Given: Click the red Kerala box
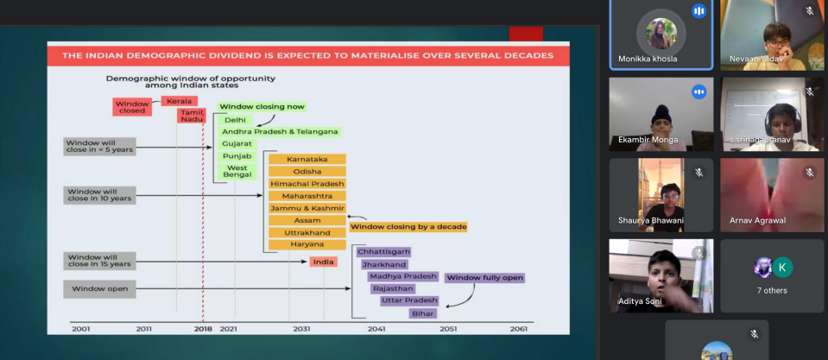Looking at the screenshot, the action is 180,101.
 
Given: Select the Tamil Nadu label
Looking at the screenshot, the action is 191,116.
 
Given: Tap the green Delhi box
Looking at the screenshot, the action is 235,120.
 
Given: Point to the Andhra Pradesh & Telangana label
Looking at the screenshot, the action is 280,131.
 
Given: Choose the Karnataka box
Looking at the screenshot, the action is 307,159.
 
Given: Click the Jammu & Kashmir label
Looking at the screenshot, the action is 307,208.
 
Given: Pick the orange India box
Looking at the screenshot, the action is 323,262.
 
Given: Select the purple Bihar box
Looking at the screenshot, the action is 423,313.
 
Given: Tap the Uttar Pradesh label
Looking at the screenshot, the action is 410,301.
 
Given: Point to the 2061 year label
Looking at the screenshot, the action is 519,329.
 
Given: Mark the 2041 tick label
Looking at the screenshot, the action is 376,329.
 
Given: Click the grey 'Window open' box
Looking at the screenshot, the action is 100,288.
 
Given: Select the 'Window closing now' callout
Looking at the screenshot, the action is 262,107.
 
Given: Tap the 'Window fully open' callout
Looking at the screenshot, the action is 484,278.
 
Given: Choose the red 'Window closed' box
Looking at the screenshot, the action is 132,107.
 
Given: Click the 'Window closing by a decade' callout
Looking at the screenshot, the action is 408,227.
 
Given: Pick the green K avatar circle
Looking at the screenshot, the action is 782,267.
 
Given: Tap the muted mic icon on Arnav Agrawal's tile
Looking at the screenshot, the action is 810,172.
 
